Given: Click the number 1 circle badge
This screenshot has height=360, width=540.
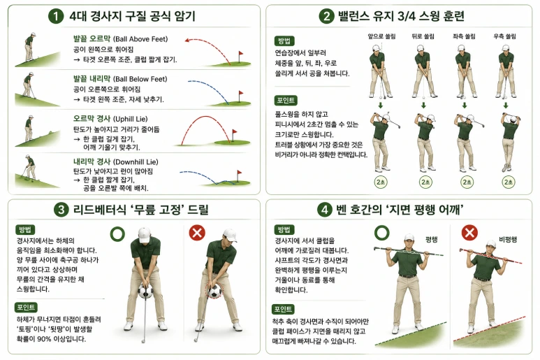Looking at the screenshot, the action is coord(56,16).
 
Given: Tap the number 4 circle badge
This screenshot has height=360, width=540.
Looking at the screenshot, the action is coord(324,210).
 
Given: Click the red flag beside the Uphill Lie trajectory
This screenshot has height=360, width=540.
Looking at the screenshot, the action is coord(235,131).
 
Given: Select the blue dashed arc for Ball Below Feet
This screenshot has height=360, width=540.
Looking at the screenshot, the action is coord(207,89).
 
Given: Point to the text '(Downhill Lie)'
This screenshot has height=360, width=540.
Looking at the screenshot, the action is coord(136,162).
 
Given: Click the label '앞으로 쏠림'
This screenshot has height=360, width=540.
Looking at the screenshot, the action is coord(381,36).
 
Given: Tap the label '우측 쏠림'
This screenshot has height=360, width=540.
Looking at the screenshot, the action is coord(504,36).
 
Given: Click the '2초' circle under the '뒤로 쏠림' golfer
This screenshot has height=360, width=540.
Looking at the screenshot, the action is coord(425,182).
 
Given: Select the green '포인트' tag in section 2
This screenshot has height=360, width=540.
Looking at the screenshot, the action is coord(286,100).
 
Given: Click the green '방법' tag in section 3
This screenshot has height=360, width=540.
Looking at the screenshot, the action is coord(25,230).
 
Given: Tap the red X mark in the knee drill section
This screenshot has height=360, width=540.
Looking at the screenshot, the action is coord(197,233).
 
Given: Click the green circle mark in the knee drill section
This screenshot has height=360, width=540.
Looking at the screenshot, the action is coord(118,234).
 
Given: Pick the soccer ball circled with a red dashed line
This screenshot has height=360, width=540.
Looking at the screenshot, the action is coord(214,291).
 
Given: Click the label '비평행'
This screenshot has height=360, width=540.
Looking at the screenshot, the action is coord(508,240).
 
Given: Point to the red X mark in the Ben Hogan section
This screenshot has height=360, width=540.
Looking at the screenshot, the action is coord(469,233).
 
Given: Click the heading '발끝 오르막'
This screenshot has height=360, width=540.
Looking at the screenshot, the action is coord(92,38).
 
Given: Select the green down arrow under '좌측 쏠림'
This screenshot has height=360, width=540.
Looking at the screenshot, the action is coord(465,105).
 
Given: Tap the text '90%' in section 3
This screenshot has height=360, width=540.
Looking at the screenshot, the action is coord(44,339).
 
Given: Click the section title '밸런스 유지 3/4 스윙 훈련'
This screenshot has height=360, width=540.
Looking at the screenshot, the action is coord(401,16).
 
